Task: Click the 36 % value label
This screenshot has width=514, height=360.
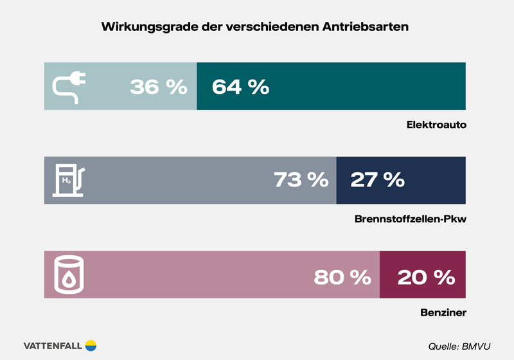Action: point(158,87)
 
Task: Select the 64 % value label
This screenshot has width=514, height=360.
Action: point(240,87)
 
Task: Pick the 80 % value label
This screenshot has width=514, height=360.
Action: point(342,277)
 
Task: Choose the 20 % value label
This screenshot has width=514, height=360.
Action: point(426,277)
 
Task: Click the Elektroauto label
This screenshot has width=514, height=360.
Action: point(436,123)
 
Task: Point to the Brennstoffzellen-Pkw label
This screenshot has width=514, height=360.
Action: point(410,219)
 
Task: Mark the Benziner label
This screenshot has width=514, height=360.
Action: point(442,313)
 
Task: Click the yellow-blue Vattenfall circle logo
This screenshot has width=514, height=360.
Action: point(91,345)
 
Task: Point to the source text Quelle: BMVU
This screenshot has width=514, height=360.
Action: point(459,346)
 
